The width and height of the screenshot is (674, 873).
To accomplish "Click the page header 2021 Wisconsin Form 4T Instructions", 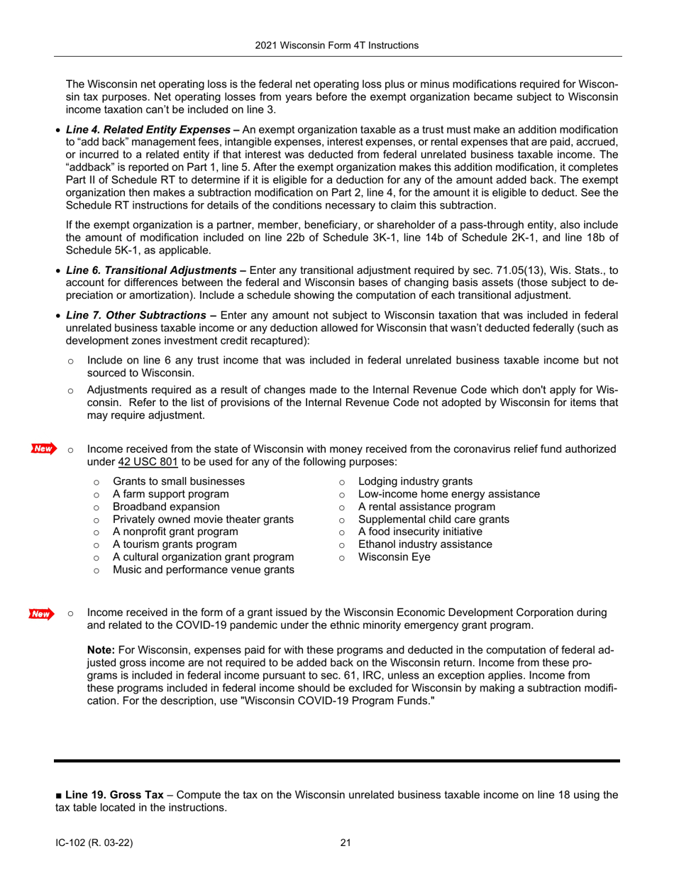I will [x=337, y=45].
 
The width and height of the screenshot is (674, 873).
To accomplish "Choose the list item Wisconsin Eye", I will [x=394, y=557].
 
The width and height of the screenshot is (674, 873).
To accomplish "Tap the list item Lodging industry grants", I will [x=421, y=481].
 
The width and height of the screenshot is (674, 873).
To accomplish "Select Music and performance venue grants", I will [x=204, y=570].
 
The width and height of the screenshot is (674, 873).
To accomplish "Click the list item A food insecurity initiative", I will [x=421, y=532].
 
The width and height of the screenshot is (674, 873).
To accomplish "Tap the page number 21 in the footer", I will [x=346, y=842].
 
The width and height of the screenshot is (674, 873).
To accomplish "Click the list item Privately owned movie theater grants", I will [x=203, y=520].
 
